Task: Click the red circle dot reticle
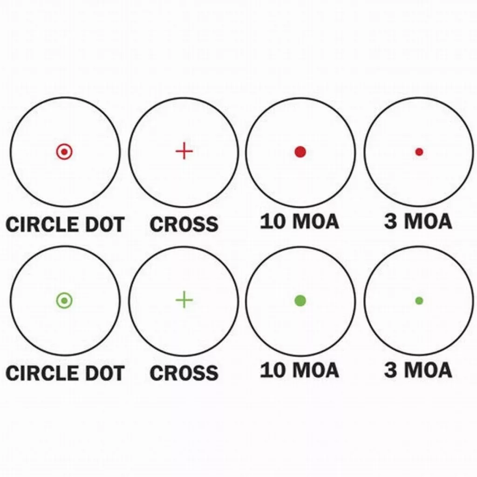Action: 64,151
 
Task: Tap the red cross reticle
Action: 184,151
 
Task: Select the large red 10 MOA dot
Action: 300,152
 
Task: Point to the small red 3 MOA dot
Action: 419,152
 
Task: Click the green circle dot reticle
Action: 64,300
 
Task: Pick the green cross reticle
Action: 184,300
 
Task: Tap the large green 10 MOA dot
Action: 300,301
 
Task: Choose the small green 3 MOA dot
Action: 419,301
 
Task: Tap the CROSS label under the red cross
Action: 184,224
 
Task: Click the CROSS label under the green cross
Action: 184,373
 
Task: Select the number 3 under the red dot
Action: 390,221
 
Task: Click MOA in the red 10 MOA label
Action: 315,221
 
